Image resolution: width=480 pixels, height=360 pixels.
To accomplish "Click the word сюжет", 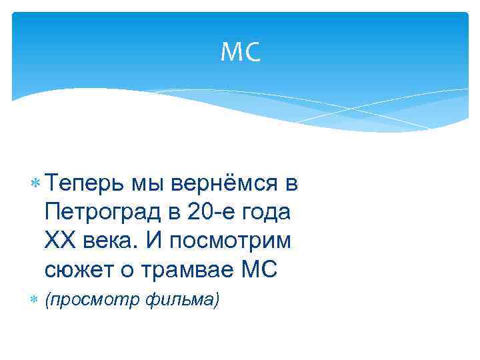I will (75, 270).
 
